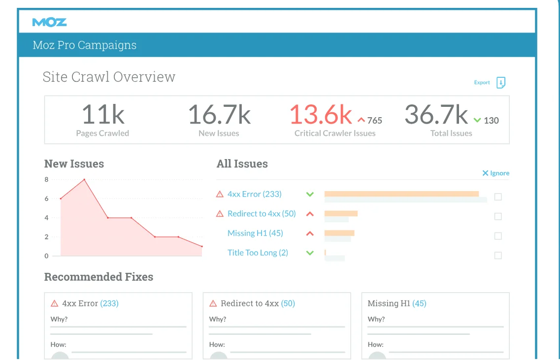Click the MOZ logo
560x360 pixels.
coord(49,22)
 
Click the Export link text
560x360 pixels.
coord(482,83)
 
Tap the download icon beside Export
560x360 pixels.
coord(501,83)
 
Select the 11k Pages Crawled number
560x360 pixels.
coord(103,114)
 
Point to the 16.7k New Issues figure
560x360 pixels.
coord(219,114)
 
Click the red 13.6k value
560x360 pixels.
coord(321,114)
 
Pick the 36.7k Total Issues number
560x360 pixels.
coord(436,114)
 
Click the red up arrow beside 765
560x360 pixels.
coord(361,120)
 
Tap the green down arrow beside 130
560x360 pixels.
coord(477,120)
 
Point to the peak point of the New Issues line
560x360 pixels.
coord(84,180)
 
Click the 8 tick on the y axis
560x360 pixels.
coord(47,180)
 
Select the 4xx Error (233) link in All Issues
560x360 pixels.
coord(254,194)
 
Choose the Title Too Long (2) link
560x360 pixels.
coord(258,253)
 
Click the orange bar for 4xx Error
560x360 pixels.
coord(401,194)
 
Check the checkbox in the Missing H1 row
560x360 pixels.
coord(498,236)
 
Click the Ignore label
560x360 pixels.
coord(499,173)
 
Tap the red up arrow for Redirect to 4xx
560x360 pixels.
coord(310,214)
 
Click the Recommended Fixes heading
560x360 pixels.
coord(99,277)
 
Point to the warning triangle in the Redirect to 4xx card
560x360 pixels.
coord(213,303)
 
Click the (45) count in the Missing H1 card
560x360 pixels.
coord(419,303)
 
